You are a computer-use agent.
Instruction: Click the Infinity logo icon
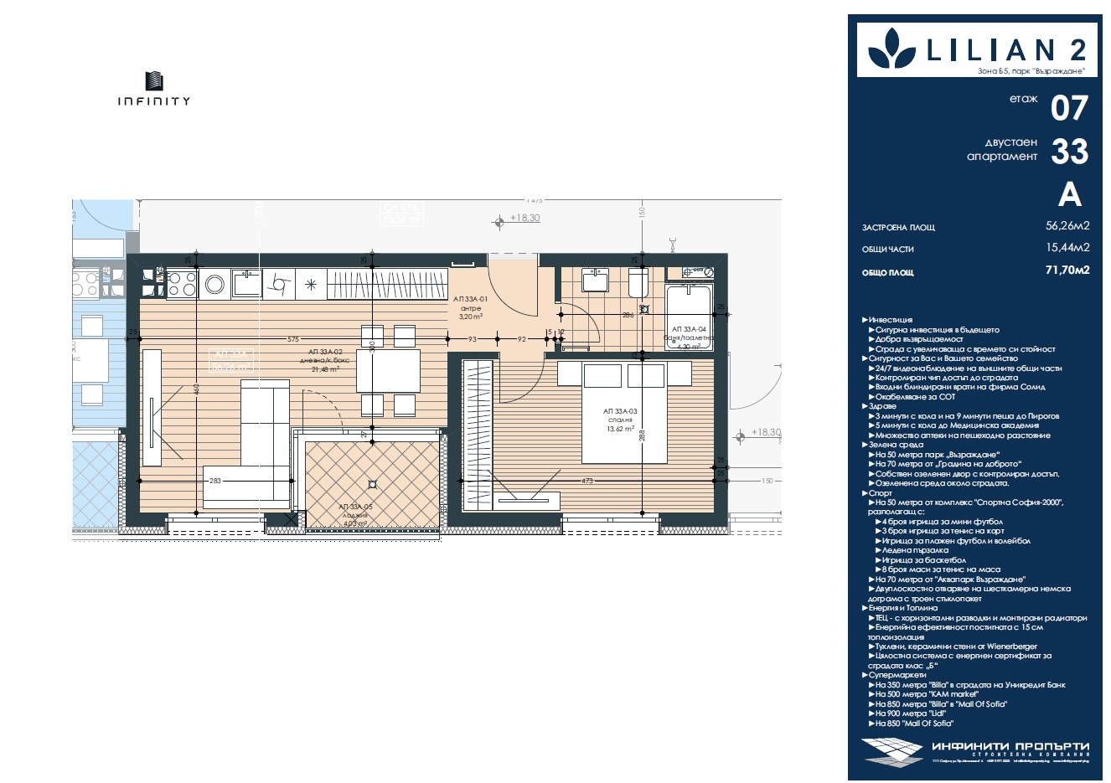pos(154,80)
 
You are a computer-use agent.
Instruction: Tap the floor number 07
pos(1069,108)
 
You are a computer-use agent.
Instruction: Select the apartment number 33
pos(1069,152)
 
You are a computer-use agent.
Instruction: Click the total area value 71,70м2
pos(1067,270)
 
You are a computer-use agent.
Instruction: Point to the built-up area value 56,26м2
pos(1067,226)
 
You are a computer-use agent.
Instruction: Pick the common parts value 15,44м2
pos(1067,248)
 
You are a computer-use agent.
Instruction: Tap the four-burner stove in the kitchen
pos(182,283)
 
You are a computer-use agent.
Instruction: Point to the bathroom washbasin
pos(596,280)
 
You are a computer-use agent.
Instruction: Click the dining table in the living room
pos(388,370)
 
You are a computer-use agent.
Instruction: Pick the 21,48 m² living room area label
pos(323,369)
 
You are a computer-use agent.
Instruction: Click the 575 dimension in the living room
pos(292,339)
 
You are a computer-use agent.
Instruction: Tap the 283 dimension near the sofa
pos(215,481)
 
